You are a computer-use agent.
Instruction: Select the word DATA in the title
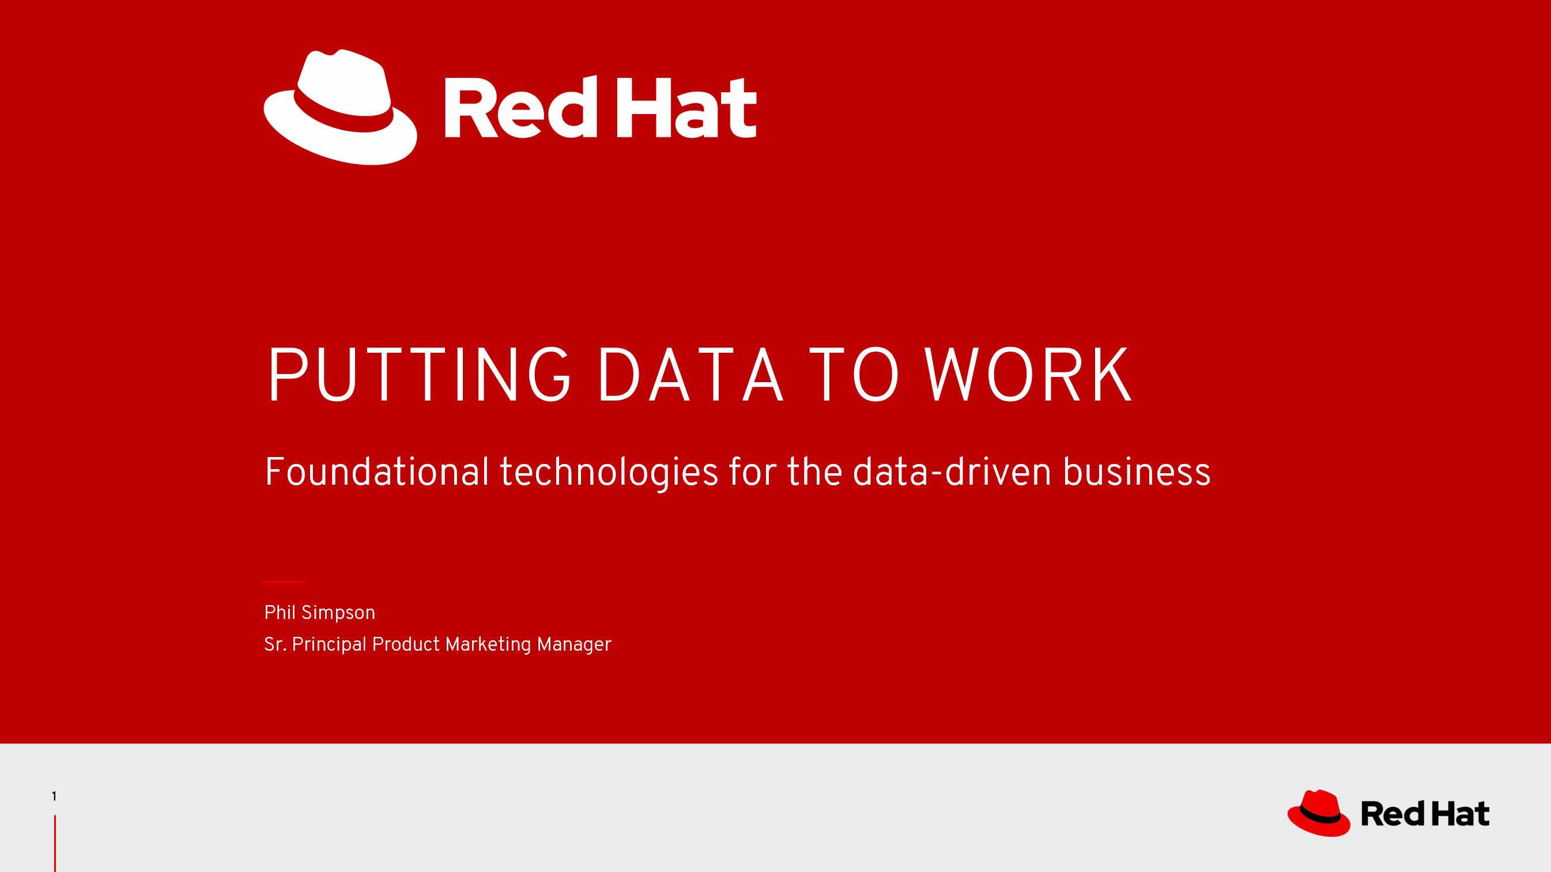click(x=690, y=375)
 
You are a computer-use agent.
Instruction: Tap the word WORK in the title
click(x=1028, y=375)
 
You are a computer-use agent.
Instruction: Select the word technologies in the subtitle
click(x=609, y=473)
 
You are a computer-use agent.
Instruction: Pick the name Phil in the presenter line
click(x=280, y=613)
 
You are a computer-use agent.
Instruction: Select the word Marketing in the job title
click(x=488, y=645)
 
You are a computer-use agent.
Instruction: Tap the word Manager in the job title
click(x=574, y=645)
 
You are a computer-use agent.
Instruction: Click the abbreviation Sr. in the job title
click(x=275, y=644)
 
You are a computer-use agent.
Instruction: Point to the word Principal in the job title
click(x=329, y=645)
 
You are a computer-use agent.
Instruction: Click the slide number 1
click(x=54, y=796)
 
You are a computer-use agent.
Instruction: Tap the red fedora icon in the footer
click(x=1319, y=813)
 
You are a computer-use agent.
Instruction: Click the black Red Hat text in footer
click(x=1425, y=814)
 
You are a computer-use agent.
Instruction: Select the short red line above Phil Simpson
click(x=284, y=582)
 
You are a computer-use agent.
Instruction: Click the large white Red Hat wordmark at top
click(x=601, y=107)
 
